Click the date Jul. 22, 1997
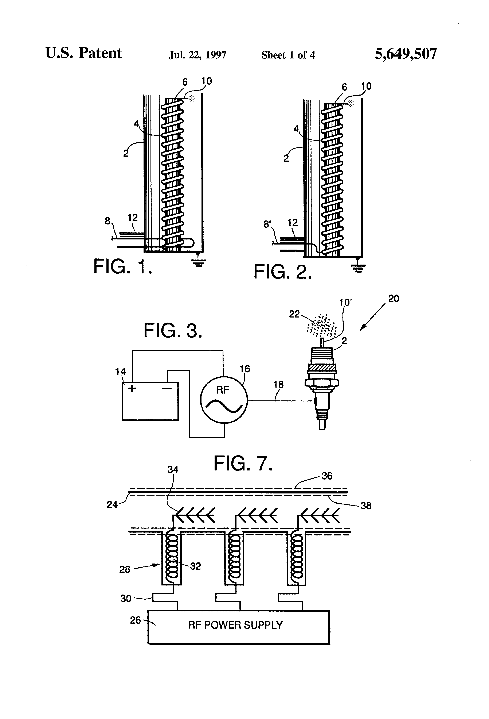[197, 55]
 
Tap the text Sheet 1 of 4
[288, 55]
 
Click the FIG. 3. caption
[173, 330]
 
